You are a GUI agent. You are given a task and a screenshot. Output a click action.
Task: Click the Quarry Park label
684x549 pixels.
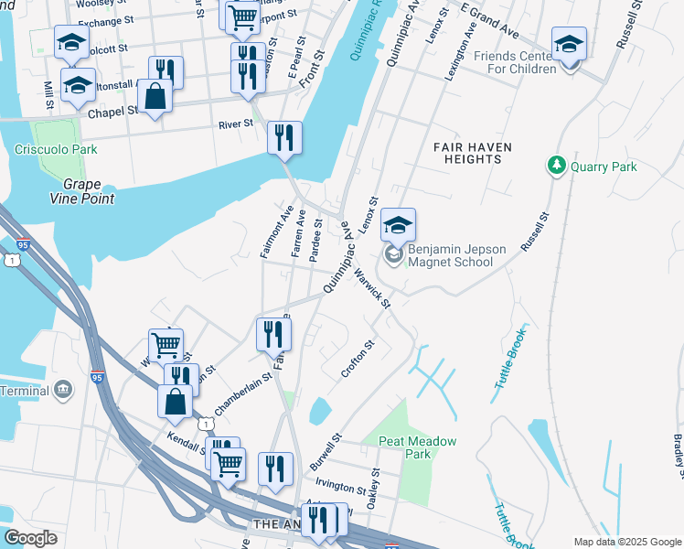tap(604, 167)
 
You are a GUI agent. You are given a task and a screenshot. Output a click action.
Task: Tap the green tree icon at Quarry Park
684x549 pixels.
tap(555, 166)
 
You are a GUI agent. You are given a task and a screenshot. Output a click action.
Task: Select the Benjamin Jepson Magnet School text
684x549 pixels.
tap(450, 255)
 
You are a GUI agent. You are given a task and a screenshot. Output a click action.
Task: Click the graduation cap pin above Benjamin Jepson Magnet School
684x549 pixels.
tap(398, 226)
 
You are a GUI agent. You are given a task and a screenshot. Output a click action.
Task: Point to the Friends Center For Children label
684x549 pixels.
tap(515, 61)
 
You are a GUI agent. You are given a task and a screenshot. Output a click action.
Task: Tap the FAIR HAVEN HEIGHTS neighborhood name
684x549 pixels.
tap(472, 153)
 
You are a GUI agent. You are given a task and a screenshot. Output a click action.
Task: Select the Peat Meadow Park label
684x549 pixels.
tap(418, 447)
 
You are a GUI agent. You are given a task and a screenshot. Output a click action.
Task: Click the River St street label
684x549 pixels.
tap(235, 125)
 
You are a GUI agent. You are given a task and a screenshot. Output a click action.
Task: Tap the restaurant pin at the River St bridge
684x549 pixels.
tap(285, 138)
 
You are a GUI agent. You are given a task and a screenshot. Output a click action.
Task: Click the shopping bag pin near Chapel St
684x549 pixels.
tap(155, 96)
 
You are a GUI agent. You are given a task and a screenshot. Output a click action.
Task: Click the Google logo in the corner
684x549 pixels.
tap(30, 538)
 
